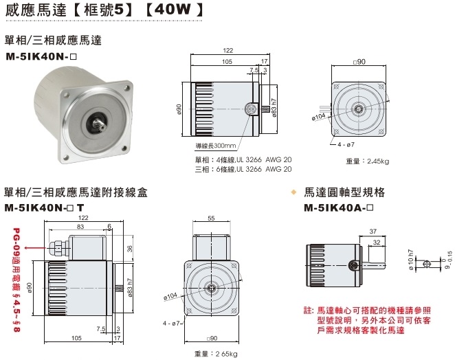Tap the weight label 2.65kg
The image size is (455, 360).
(x=216, y=353)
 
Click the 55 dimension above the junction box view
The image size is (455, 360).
(x=210, y=218)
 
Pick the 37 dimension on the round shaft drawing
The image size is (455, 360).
(x=372, y=232)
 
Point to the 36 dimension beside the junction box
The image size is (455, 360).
(x=130, y=249)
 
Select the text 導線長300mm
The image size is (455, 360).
(x=214, y=146)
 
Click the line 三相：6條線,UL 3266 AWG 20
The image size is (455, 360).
(x=243, y=168)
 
